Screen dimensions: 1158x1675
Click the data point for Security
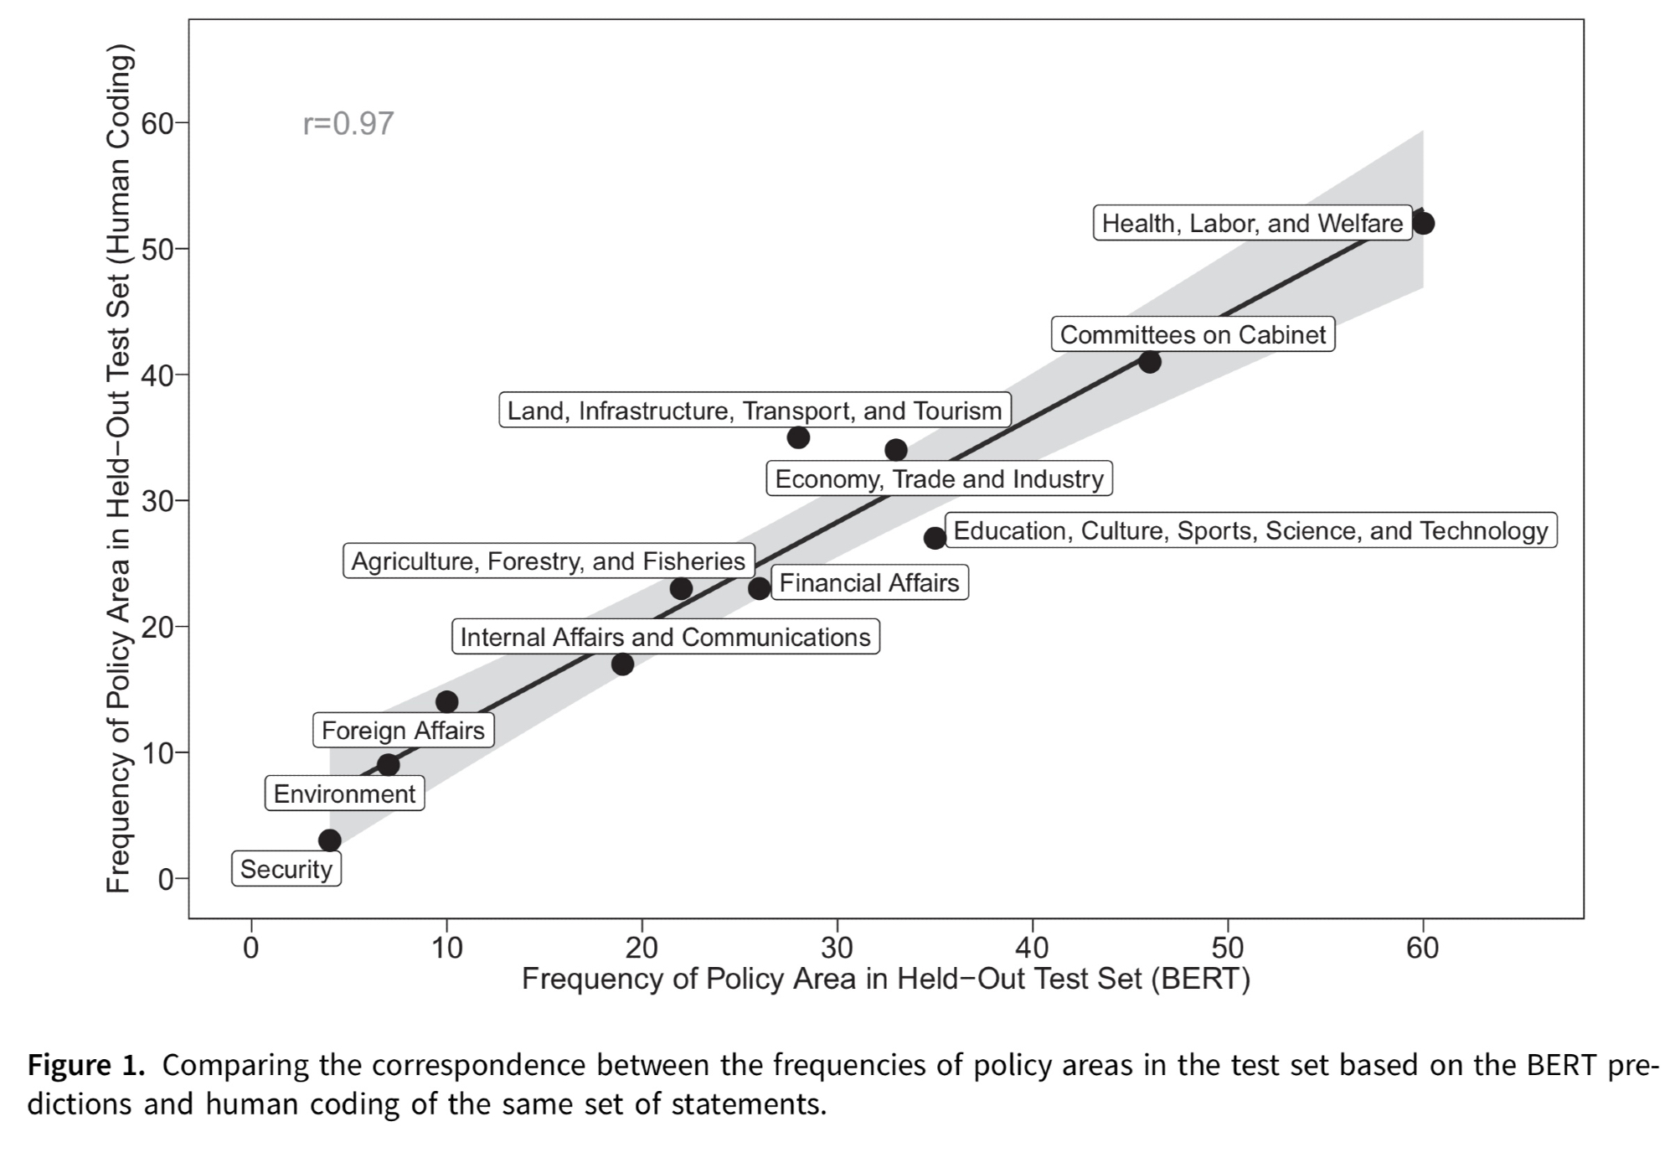(x=330, y=840)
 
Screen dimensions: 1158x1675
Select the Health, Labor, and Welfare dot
(x=1423, y=224)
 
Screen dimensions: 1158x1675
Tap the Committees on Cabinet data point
(x=1150, y=362)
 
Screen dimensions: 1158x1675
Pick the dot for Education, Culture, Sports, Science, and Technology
(x=935, y=538)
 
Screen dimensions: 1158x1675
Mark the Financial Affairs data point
(x=760, y=588)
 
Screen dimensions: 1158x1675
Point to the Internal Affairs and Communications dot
(x=622, y=664)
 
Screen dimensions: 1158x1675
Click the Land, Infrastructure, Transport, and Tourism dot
(x=798, y=437)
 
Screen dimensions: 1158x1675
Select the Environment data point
(x=388, y=764)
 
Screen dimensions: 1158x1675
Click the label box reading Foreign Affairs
(x=403, y=731)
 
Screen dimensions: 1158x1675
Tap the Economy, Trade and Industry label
(x=940, y=479)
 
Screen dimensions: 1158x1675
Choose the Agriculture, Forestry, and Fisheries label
(x=549, y=561)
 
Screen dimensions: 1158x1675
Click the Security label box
(x=286, y=870)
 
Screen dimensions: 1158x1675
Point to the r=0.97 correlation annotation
(x=348, y=124)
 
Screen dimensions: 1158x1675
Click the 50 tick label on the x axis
(x=1228, y=948)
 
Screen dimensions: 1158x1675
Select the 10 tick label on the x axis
(x=447, y=948)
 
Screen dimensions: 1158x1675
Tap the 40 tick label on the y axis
(x=156, y=375)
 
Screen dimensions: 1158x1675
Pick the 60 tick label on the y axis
(x=156, y=124)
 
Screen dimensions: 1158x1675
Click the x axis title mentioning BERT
(x=885, y=979)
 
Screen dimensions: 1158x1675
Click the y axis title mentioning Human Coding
(x=119, y=474)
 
